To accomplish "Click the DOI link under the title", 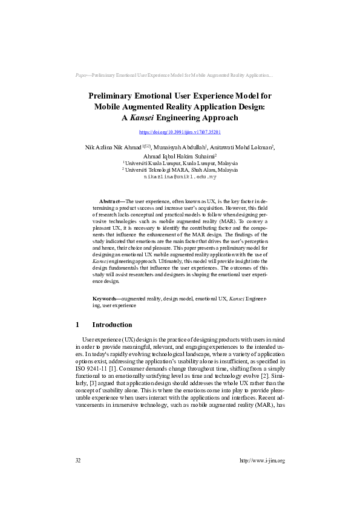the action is click(180, 131).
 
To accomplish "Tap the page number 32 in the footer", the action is click(78, 461).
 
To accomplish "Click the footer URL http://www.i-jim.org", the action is click(262, 461).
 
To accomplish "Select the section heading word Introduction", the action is click(112, 325).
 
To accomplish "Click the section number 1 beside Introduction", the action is click(77, 325).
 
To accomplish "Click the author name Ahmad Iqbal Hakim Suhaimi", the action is click(179, 155).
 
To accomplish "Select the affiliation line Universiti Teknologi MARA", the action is click(182, 170).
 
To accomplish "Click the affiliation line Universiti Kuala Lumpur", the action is click(182, 163).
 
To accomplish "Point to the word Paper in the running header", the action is click(81, 76).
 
